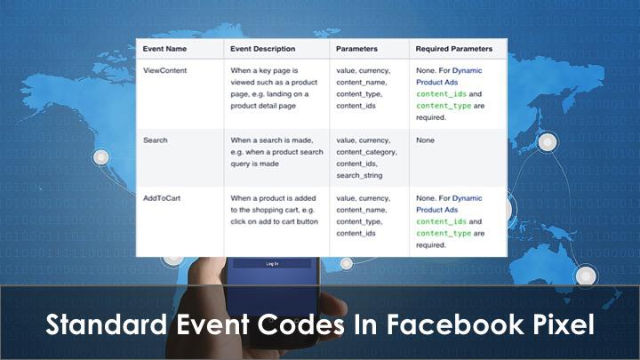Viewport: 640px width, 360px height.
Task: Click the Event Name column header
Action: click(164, 49)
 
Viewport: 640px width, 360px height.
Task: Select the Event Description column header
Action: click(262, 49)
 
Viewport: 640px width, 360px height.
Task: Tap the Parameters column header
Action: click(356, 49)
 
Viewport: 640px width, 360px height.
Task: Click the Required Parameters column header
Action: click(454, 49)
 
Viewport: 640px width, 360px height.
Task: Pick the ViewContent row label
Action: click(165, 70)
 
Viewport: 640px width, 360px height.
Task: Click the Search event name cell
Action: click(155, 140)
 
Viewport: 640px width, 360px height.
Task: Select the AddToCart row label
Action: click(162, 198)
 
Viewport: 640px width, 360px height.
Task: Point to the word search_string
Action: click(359, 175)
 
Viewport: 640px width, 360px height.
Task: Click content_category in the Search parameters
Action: click(366, 152)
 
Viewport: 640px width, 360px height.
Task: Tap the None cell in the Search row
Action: click(425, 140)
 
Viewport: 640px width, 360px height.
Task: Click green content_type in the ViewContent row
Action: click(444, 106)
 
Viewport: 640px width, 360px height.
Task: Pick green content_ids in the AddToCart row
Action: click(441, 221)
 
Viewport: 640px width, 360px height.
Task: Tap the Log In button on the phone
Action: click(272, 264)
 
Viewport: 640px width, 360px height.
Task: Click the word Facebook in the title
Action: click(455, 325)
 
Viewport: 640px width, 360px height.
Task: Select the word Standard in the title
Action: click(106, 325)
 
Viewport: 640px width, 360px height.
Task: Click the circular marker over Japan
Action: click(548, 142)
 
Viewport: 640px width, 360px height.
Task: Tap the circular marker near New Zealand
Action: click(586, 276)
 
